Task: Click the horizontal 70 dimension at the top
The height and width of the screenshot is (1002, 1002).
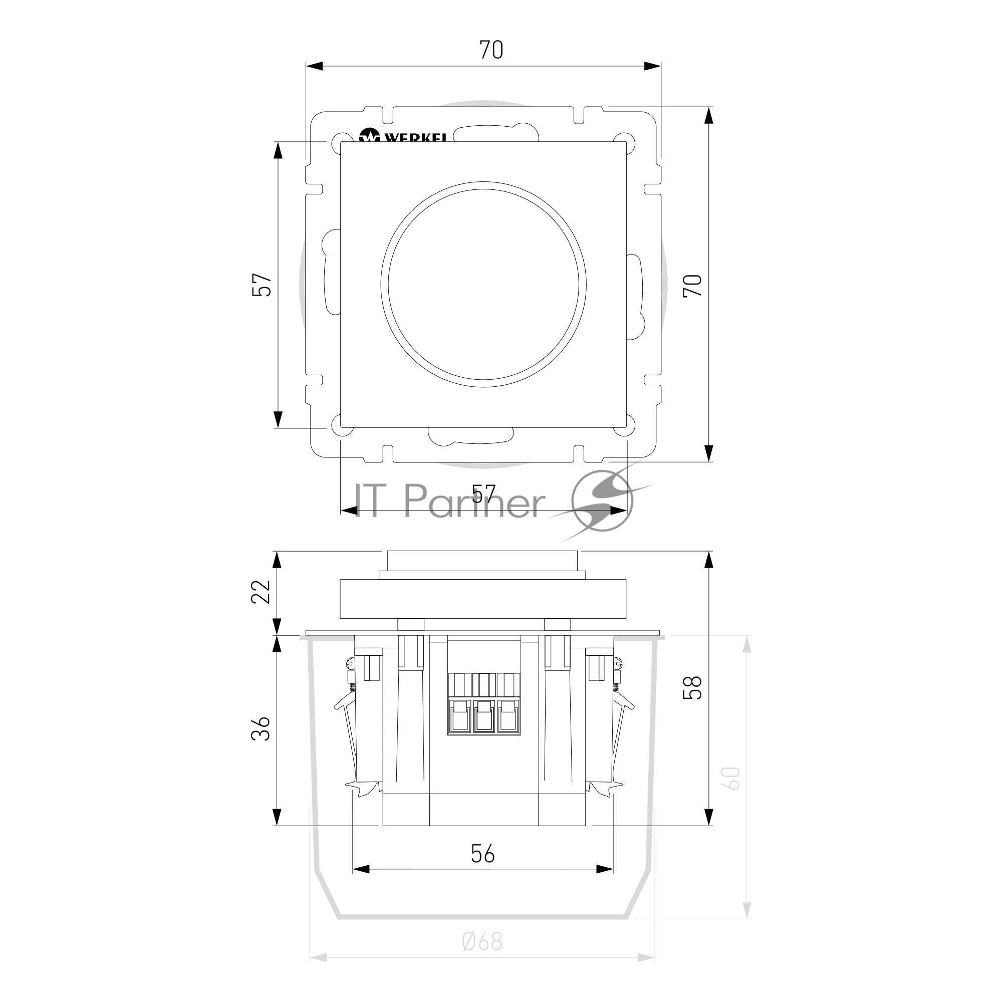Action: (x=490, y=50)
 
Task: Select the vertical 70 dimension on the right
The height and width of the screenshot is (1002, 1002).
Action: (x=693, y=285)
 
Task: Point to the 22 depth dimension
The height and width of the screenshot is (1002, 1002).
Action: (x=261, y=592)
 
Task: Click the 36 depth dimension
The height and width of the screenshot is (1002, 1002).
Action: (x=261, y=728)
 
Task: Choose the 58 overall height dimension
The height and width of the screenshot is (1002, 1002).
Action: (x=693, y=687)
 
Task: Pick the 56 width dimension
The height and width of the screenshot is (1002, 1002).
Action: (x=483, y=854)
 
